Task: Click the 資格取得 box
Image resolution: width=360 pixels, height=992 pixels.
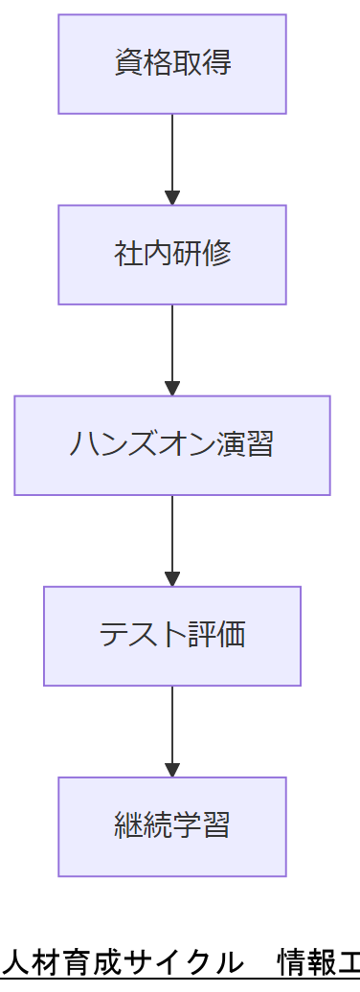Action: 172,64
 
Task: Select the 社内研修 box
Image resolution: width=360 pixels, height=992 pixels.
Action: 172,255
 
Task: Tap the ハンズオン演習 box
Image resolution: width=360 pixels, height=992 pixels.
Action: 172,445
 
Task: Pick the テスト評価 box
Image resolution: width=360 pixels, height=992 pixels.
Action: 172,636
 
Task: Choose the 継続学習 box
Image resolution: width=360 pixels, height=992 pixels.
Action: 172,826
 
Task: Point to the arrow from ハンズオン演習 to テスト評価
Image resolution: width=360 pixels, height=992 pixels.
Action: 172,537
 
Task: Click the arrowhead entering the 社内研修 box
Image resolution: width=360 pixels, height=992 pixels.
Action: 172,198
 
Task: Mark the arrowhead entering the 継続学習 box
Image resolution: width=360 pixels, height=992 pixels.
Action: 172,770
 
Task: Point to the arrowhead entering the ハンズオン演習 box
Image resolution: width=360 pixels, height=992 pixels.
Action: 172,389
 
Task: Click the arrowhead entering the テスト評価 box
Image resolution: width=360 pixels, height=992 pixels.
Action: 172,579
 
